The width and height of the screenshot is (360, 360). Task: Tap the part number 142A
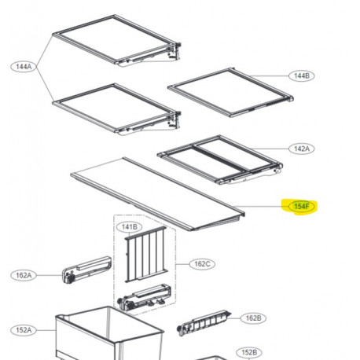tap(300, 148)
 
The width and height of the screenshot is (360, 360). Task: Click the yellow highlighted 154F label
tap(301, 206)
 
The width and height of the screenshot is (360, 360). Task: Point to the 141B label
tap(128, 227)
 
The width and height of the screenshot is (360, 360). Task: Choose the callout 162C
tap(203, 264)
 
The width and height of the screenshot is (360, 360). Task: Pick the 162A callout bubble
tap(23, 275)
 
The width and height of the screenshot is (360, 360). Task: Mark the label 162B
tap(252, 318)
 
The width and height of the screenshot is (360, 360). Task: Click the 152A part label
tap(23, 330)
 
